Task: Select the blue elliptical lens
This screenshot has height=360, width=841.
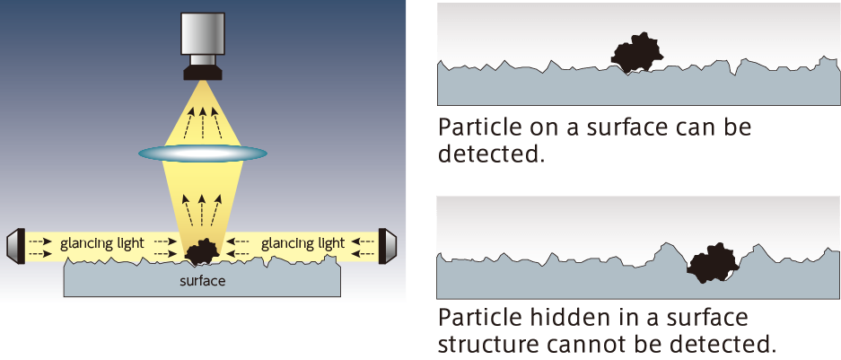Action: (203, 154)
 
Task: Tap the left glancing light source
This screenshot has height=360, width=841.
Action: (14, 245)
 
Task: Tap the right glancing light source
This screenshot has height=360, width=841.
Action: (390, 245)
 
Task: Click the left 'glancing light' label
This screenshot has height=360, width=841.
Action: (101, 243)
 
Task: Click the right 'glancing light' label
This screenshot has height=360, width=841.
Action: (302, 243)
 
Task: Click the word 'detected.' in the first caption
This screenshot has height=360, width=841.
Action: (492, 154)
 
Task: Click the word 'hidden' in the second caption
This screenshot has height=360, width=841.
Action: (556, 318)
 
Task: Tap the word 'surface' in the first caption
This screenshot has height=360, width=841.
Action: (617, 127)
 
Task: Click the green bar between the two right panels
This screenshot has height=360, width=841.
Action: (637, 184)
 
